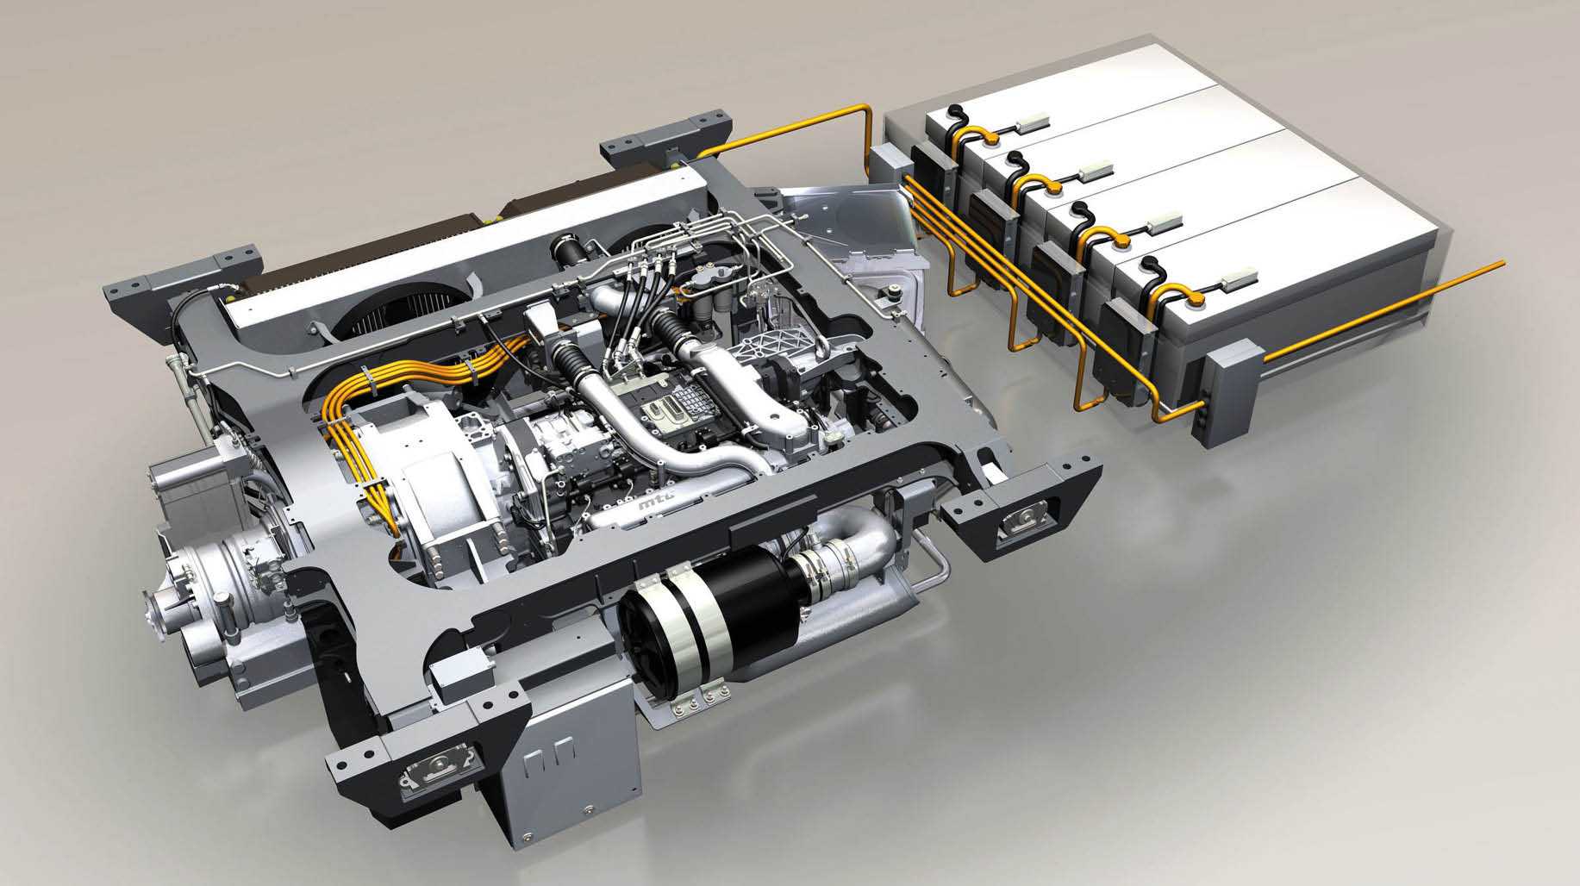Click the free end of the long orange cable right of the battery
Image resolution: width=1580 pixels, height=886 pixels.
(x=1502, y=262)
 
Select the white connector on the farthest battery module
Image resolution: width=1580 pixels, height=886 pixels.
(x=1032, y=123)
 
